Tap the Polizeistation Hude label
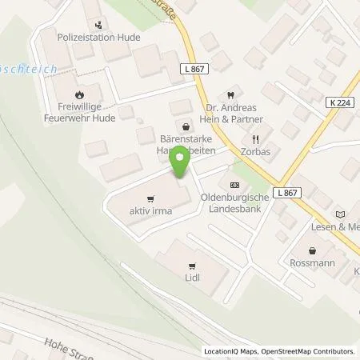point(88,37)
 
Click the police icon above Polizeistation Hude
point(98,24)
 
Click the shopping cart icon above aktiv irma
point(150,198)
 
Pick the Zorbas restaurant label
point(254,150)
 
